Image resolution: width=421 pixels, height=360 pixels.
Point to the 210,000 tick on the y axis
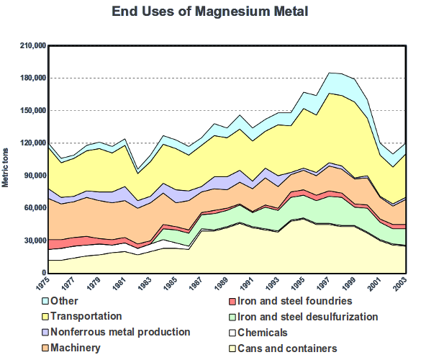point(32,45)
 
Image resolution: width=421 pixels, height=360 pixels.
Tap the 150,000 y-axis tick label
point(32,110)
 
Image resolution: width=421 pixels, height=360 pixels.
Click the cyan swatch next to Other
point(45,301)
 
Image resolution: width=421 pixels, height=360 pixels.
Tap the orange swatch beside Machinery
point(45,348)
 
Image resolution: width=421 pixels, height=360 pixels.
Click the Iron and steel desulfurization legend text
point(307,316)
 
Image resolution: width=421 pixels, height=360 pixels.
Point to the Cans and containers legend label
point(286,348)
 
